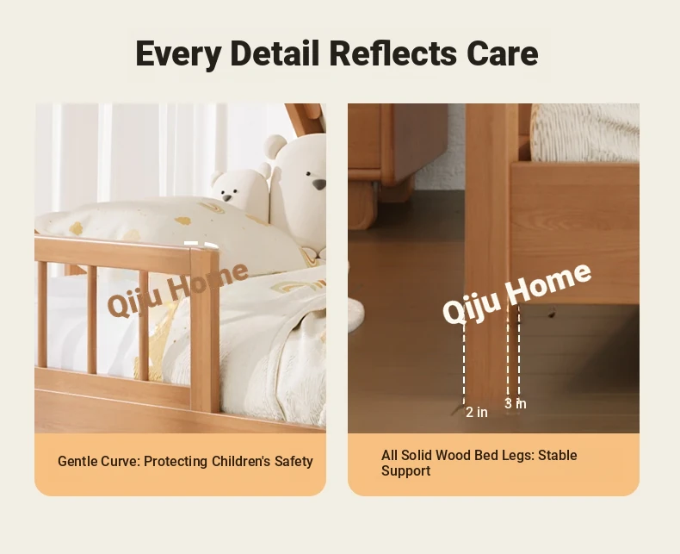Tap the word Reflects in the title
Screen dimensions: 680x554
(393, 53)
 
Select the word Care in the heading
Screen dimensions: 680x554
(503, 53)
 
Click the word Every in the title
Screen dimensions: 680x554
(178, 54)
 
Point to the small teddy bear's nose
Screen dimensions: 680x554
(227, 197)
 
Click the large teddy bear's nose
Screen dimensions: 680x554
(319, 184)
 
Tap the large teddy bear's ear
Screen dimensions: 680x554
(275, 146)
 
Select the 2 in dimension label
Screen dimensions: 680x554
(477, 412)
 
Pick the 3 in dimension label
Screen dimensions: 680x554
(516, 403)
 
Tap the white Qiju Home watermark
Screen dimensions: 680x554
(516, 293)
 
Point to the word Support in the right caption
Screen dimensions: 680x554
(406, 471)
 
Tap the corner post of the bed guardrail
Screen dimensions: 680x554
(205, 330)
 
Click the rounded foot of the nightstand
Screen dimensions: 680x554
(362, 205)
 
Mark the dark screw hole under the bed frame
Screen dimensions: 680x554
(552, 312)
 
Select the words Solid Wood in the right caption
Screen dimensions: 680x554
(436, 456)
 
